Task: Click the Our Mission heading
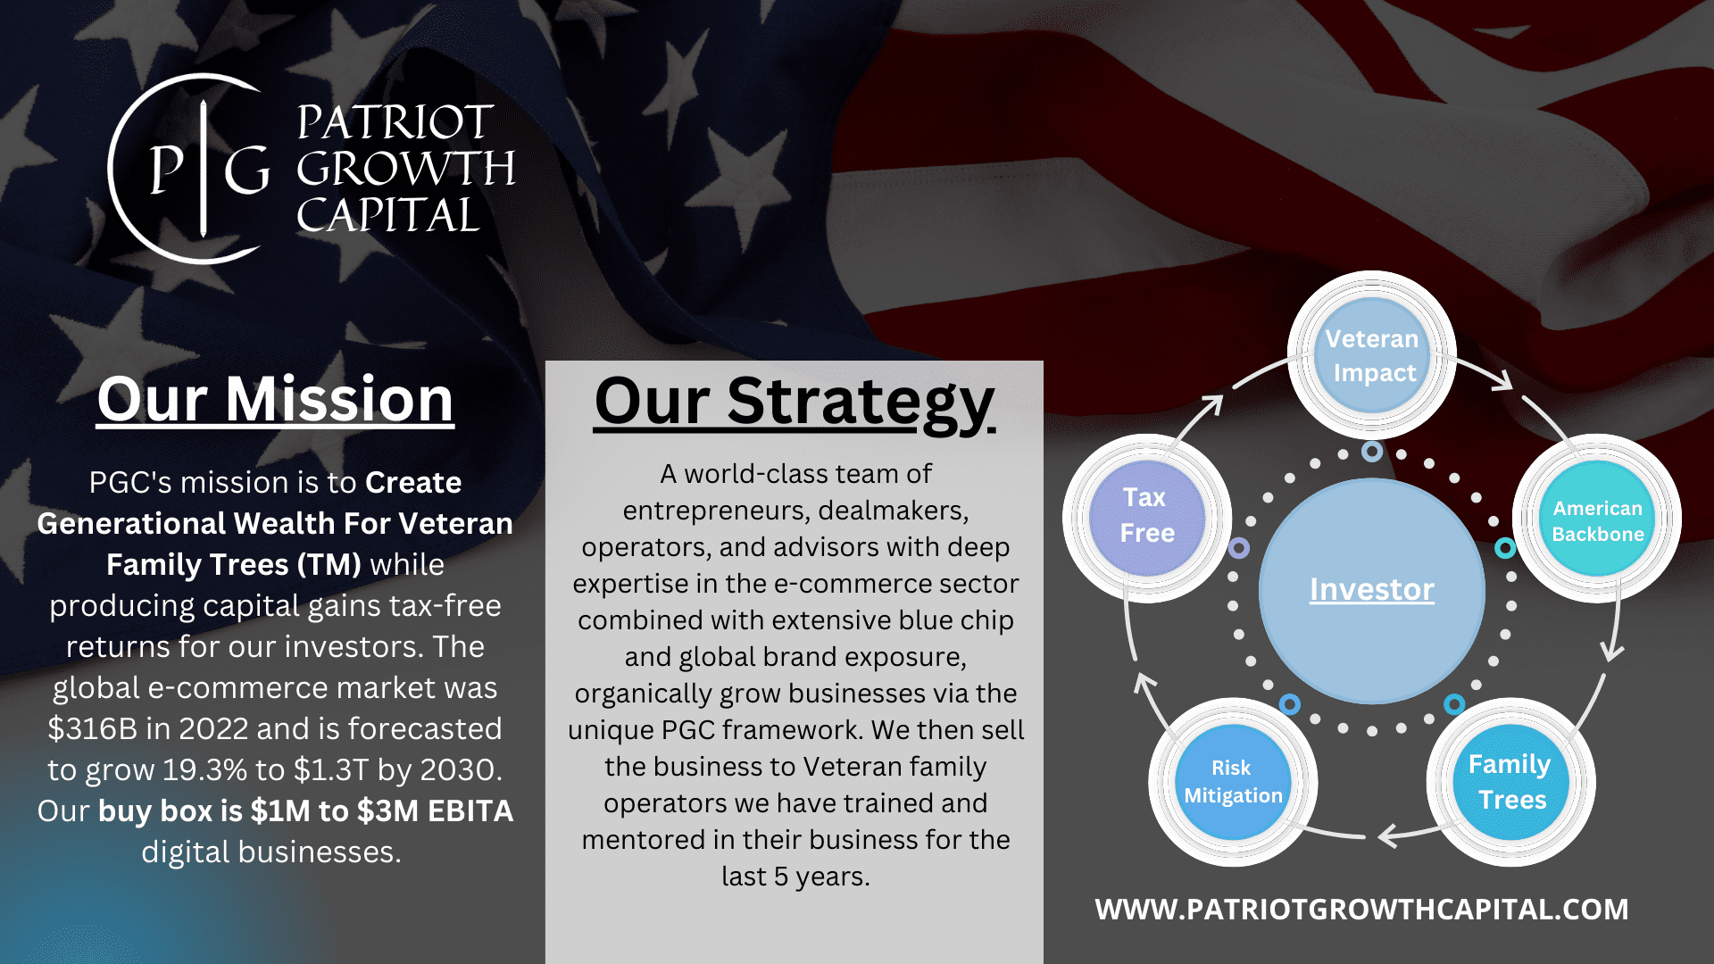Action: pyautogui.click(x=275, y=399)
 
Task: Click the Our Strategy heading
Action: pyautogui.click(x=794, y=402)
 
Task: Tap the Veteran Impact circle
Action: pyautogui.click(x=1372, y=355)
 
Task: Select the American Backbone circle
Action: pyautogui.click(x=1597, y=520)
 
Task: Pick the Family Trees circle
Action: pyautogui.click(x=1510, y=782)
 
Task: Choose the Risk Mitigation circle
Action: pyautogui.click(x=1233, y=782)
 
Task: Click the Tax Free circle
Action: pyautogui.click(x=1146, y=516)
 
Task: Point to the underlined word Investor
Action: pyautogui.click(x=1371, y=589)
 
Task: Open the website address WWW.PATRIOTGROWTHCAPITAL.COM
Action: pyautogui.click(x=1361, y=909)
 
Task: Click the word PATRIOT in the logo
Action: pyautogui.click(x=395, y=122)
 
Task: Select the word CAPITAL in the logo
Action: pyautogui.click(x=388, y=215)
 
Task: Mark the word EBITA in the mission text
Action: pyautogui.click(x=470, y=811)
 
